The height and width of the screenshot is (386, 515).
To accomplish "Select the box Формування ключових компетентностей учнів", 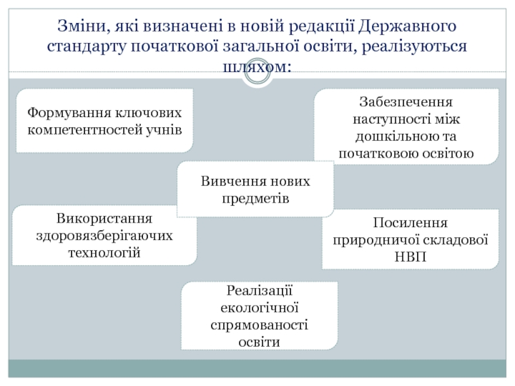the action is pos(104,121).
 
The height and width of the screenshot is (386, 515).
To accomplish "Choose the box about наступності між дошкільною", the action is pos(406,127).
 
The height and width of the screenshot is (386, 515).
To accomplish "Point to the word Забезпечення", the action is pos(406,102).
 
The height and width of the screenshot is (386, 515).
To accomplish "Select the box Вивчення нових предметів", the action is pos(256,189).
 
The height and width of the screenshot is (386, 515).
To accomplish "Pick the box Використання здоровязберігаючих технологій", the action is pos(104,235).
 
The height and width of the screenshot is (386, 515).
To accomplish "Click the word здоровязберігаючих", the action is pos(104,235).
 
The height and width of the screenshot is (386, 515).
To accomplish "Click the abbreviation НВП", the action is pos(410,257).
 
